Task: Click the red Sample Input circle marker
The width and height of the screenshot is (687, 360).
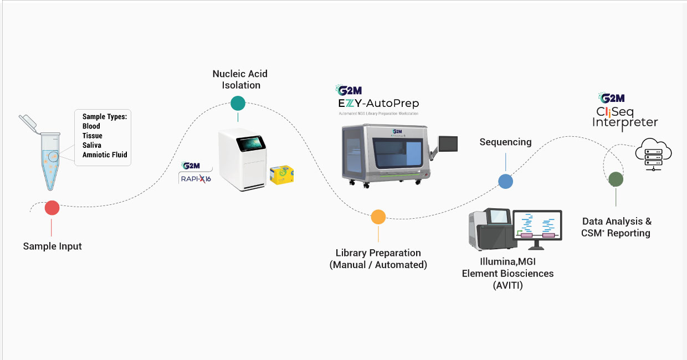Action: click(x=52, y=208)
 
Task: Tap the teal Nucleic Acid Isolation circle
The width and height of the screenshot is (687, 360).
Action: click(x=238, y=103)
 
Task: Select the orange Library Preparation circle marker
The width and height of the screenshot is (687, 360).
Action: click(x=378, y=217)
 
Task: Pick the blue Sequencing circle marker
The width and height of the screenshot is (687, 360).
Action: click(x=505, y=181)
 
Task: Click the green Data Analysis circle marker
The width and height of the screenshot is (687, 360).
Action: click(x=616, y=179)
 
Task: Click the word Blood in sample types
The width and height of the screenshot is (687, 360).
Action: click(x=91, y=126)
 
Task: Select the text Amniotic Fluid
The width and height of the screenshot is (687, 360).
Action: click(x=105, y=155)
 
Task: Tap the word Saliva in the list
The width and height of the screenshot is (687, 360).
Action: click(x=92, y=145)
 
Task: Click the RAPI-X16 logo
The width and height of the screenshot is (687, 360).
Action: click(x=195, y=177)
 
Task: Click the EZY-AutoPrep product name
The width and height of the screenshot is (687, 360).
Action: click(x=378, y=103)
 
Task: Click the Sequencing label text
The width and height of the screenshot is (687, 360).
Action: click(x=505, y=142)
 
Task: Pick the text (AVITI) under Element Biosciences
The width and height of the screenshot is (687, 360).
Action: click(x=507, y=286)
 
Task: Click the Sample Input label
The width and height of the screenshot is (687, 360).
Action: click(x=52, y=246)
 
